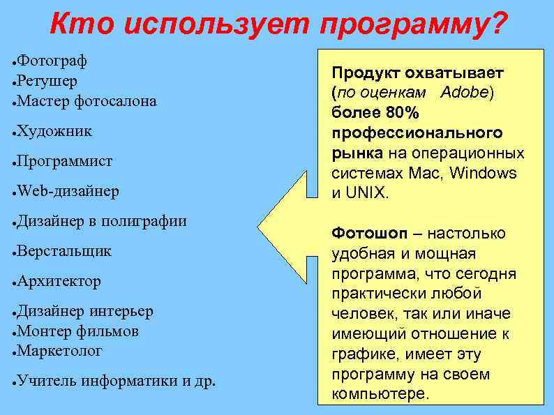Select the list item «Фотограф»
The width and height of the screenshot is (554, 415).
(x=52, y=61)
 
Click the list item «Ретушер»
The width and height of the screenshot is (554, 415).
(x=47, y=81)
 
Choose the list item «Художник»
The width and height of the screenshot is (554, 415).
(x=54, y=130)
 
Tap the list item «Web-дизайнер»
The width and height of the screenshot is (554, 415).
(x=68, y=190)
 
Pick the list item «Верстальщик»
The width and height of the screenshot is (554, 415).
(x=64, y=250)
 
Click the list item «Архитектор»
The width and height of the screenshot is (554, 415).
(x=59, y=281)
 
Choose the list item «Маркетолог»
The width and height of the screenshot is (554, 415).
(x=60, y=350)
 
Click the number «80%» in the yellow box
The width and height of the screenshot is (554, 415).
(x=400, y=113)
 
